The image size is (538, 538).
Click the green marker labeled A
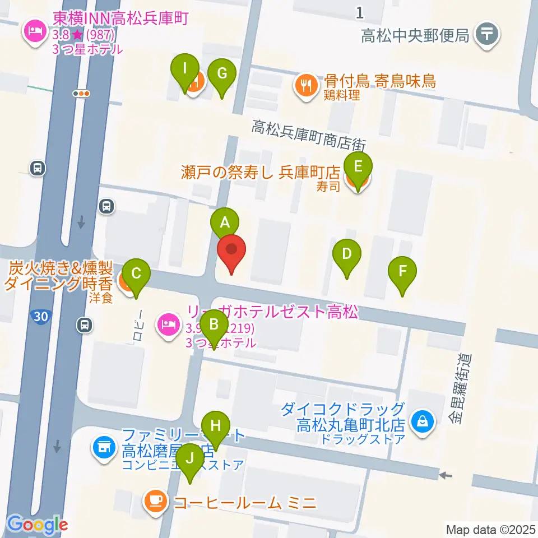coord(225,223)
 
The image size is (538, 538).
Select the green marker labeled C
coord(136,275)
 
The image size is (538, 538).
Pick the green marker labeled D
coord(347,255)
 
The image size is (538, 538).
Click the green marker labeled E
coord(359,167)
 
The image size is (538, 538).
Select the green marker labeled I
coord(185,69)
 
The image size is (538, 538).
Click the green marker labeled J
coord(190,460)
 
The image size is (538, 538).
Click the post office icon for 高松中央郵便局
coord(486,35)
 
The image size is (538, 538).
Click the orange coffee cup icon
coord(155,500)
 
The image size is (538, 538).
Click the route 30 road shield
coord(40,317)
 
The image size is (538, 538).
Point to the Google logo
coord(37,525)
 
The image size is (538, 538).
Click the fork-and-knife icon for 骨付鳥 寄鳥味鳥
coord(306,86)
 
